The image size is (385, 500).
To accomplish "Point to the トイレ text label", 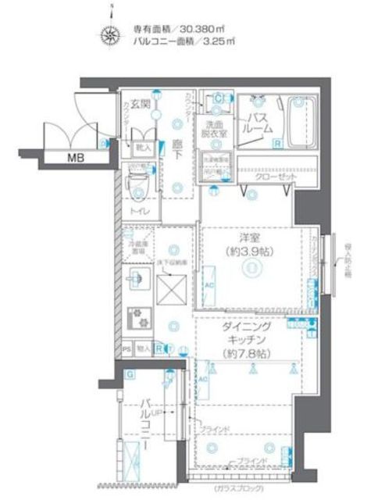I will click(141, 211).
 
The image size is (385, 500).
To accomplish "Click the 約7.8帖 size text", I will click(248, 354).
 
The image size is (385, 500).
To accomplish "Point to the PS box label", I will click(127, 348).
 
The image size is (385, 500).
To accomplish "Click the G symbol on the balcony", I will click(130, 374).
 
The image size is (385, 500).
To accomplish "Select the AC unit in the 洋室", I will click(209, 285).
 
